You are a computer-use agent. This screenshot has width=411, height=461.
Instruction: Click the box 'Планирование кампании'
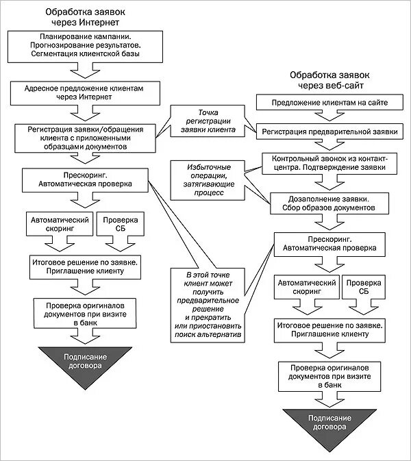85,47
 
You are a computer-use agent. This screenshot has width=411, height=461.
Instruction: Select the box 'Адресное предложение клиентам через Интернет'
85,93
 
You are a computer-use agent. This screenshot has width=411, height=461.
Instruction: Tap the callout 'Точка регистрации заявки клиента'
208,121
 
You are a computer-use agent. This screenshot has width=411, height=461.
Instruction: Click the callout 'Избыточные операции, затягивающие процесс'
208,180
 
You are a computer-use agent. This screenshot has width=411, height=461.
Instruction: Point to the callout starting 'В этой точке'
208,306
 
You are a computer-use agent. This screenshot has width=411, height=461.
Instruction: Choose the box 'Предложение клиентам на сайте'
329,102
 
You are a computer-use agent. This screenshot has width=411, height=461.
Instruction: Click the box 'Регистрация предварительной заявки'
329,132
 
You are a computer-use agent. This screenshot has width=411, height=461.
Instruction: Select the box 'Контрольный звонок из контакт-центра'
329,164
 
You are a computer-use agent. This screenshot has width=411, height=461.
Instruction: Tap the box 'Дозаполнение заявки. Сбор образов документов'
329,203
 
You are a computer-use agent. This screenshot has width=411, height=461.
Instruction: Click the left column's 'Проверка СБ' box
121,224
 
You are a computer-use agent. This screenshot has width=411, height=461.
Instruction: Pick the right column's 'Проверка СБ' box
364,287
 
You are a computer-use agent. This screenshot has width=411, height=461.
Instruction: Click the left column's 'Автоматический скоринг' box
60,224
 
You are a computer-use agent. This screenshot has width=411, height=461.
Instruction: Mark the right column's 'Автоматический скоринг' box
307,287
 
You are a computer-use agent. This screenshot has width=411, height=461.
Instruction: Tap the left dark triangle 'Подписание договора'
85,363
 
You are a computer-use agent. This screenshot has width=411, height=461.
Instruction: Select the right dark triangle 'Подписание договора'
329,425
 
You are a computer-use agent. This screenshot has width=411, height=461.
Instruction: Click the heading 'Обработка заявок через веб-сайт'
329,80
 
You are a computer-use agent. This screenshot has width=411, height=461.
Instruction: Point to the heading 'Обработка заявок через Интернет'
85,17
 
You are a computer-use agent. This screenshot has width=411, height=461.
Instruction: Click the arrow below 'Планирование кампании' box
85,71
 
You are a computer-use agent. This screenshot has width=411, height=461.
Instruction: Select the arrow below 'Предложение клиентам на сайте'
329,116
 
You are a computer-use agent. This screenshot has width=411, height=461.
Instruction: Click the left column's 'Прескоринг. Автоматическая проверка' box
85,180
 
